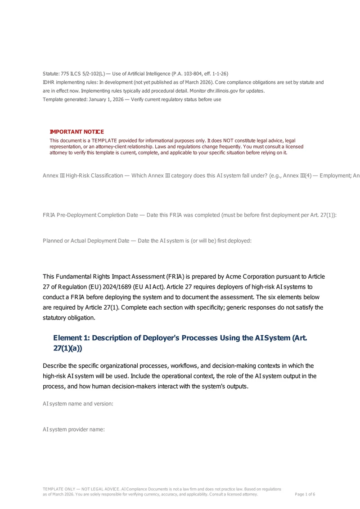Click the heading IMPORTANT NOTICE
[76, 132]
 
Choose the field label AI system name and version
[78, 404]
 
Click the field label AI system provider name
[74, 429]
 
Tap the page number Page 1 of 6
[305, 494]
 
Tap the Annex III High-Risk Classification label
[83, 176]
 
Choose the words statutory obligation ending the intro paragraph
[69, 318]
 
